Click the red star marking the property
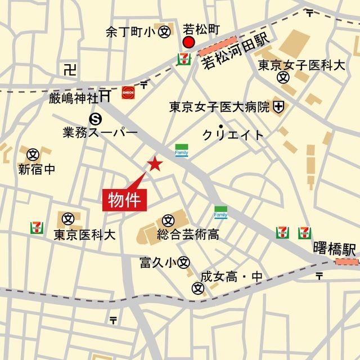tap(155, 164)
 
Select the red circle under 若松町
tap(188, 43)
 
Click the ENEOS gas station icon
tap(128, 92)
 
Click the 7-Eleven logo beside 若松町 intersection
tap(183, 58)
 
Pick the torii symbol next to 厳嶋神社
tap(105, 97)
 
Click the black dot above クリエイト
tap(222, 125)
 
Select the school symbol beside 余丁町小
tap(165, 32)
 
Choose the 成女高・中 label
tap(232, 277)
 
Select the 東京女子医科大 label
tap(301, 65)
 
